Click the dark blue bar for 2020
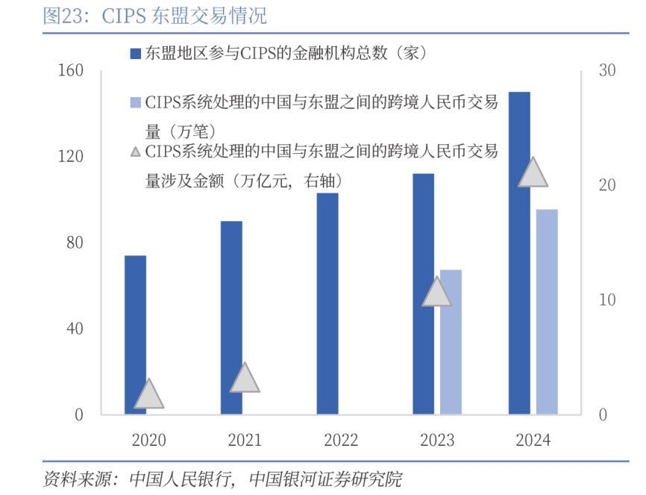point(135,334)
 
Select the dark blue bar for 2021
point(231,317)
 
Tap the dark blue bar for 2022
point(327,303)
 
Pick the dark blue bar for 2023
point(423,293)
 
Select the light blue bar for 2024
point(547,311)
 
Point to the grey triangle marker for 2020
point(148,396)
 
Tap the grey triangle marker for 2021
point(245,379)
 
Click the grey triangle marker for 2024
point(533,173)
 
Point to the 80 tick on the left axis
point(75,243)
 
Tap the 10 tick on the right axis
point(607,300)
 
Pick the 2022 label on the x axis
point(341,440)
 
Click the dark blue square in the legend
point(136,53)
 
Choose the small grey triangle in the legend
point(135,152)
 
